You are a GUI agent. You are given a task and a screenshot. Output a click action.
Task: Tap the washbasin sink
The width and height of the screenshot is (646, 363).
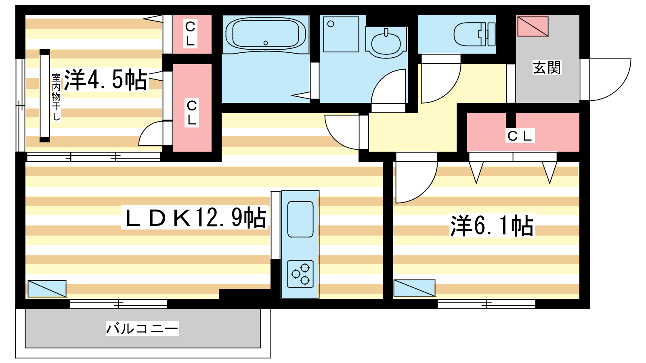386,42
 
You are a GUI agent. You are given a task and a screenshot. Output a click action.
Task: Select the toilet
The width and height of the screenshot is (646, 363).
475,34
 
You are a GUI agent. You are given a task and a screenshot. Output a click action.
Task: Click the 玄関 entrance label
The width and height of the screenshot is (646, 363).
547,68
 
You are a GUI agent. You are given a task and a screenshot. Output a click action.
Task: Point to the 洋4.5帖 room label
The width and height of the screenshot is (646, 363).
105,80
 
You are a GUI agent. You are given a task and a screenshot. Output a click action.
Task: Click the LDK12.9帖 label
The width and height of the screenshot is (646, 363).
195,217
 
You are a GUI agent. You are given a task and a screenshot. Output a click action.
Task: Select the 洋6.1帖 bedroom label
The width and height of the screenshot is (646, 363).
492,226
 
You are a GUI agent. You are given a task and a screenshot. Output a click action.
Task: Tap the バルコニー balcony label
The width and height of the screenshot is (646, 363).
142,328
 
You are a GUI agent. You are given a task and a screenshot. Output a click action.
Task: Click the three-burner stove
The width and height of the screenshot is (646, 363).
300,274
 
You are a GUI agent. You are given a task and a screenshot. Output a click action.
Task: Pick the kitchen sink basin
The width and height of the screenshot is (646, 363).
300,219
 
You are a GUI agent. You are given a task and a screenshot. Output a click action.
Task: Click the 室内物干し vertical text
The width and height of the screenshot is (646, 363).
56,97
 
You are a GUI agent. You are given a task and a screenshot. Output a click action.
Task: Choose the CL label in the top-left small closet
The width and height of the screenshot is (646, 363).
191,34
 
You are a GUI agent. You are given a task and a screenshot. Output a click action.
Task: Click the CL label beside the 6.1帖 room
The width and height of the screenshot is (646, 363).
520,136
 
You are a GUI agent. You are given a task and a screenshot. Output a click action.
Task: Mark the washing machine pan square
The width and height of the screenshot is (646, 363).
341,34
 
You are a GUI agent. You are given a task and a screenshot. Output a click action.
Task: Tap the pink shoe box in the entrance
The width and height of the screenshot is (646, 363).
533,27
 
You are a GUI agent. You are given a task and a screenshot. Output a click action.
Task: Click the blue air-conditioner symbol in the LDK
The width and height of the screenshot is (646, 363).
47,289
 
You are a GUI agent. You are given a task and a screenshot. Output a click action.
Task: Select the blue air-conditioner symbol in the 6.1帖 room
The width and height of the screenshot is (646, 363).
414,288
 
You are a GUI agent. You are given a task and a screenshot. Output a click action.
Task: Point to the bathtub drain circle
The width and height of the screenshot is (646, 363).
266,43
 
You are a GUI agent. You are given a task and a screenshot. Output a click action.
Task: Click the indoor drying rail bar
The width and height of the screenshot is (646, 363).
45,96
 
